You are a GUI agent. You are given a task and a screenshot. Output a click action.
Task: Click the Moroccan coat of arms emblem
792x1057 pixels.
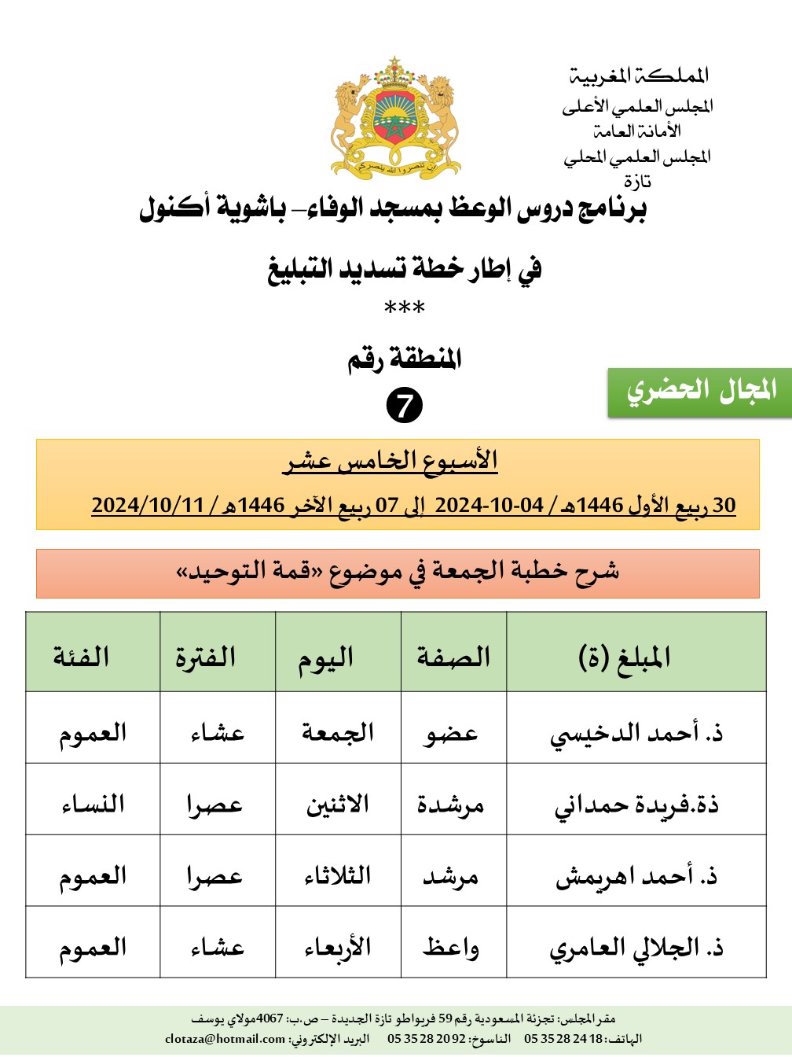(395, 118)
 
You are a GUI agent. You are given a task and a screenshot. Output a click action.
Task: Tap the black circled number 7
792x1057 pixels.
(405, 406)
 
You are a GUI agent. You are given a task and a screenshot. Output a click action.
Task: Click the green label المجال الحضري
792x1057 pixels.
(700, 391)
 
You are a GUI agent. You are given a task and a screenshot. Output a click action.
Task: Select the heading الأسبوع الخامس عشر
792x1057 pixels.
(390, 461)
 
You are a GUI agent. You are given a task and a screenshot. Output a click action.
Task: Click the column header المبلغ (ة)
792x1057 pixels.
(625, 656)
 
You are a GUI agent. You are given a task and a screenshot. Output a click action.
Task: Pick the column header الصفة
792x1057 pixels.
(453, 656)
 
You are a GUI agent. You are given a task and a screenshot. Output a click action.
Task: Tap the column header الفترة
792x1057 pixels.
(206, 656)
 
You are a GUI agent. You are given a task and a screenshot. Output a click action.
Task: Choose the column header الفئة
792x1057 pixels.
(81, 656)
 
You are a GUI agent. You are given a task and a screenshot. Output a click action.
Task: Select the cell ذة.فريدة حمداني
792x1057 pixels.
(636, 805)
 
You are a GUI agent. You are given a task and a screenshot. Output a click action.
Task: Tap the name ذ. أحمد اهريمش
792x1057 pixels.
(636, 876)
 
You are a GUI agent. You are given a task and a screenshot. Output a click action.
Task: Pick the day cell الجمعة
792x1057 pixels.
(338, 733)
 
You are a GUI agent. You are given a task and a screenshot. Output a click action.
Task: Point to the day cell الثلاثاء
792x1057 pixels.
(338, 876)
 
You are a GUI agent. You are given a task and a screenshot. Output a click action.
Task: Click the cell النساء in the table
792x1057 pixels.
(93, 805)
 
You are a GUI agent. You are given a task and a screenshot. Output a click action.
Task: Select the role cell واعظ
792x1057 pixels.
(450, 948)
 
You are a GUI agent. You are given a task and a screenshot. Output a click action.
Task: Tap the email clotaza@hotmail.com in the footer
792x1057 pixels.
(225, 1039)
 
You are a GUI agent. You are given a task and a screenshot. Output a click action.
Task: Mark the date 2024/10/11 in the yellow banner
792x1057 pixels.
(148, 505)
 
